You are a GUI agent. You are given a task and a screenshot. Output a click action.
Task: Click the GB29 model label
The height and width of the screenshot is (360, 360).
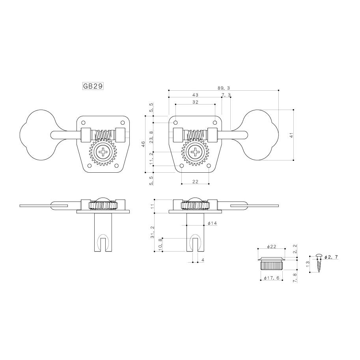93,86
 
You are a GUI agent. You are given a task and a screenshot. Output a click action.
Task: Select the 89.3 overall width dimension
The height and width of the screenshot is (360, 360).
224,88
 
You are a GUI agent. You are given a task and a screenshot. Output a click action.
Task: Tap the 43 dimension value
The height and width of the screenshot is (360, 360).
195,95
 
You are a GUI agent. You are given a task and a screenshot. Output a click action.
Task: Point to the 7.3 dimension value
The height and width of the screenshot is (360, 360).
226,95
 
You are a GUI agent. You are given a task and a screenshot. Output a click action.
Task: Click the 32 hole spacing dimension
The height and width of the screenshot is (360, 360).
195,102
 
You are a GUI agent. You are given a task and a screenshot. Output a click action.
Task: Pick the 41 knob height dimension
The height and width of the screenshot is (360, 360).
291,135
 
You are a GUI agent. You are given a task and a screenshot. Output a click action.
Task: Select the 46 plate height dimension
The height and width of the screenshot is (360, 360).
143,144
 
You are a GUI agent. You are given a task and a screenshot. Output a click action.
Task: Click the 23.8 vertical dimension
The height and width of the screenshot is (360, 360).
151,137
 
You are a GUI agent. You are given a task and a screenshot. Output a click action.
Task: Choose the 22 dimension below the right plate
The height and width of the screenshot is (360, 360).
195,182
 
